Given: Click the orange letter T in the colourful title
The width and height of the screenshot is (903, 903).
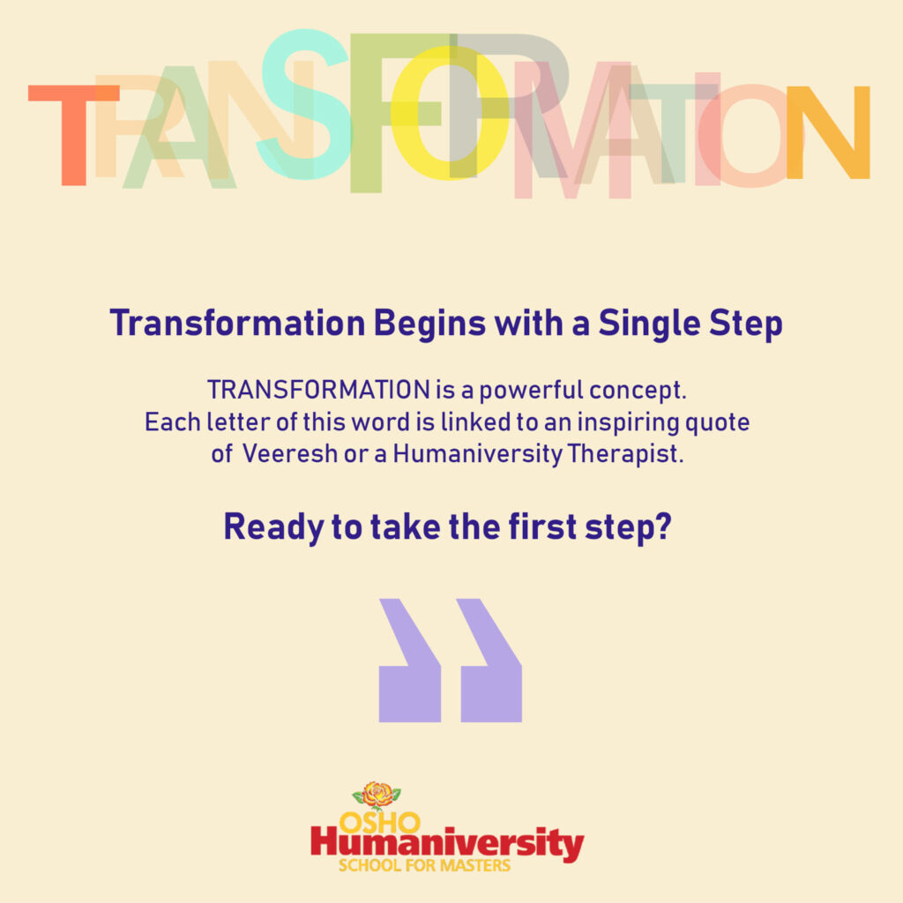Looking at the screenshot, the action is click(x=74, y=135).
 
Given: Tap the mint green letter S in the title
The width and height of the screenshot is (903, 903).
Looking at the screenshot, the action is click(x=303, y=104).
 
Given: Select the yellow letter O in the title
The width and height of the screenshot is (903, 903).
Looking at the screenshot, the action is click(x=450, y=113).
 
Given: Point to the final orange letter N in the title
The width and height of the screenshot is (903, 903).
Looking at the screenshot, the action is click(x=828, y=132).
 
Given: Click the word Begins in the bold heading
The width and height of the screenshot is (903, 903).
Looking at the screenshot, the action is click(x=429, y=325).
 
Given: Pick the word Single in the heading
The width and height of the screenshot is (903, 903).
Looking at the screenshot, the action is click(x=650, y=325).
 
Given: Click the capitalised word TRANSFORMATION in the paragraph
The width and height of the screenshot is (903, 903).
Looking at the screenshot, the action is click(x=318, y=390).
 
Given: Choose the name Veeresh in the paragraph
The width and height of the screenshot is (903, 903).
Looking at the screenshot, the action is click(x=289, y=454).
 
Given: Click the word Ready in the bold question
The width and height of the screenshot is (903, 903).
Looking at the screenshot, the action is click(x=274, y=528).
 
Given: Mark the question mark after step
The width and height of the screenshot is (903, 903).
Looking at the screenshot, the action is click(x=664, y=526).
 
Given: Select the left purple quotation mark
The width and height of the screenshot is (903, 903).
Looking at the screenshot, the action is click(x=409, y=660).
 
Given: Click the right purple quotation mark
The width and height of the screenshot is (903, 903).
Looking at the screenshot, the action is click(x=490, y=660).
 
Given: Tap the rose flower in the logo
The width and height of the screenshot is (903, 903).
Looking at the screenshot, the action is click(x=377, y=795).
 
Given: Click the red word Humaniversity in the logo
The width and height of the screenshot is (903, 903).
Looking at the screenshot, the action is click(x=447, y=843).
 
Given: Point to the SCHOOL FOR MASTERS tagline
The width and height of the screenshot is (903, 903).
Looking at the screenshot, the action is click(x=424, y=866).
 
